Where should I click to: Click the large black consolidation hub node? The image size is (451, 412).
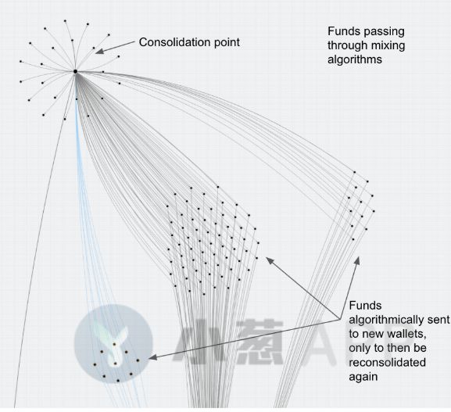pos(75,71)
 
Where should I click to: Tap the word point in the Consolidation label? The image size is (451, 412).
pos(227,43)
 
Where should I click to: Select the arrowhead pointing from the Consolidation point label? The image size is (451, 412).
pos(99,52)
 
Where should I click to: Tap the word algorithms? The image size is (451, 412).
pos(355,60)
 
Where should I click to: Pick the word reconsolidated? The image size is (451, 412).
pos(387,363)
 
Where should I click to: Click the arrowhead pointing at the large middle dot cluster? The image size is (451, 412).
pos(270,260)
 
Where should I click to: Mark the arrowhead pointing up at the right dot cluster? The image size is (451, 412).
pos(357,260)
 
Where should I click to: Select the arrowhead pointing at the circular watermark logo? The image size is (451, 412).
pos(153,357)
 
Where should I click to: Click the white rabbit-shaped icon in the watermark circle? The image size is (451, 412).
pos(115,346)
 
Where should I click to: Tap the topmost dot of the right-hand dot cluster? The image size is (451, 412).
pos(355,172)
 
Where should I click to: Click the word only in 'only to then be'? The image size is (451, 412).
pos(357,349)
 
